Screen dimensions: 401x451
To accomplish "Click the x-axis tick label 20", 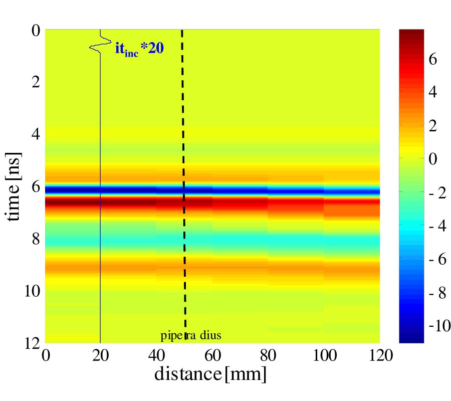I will [x=101, y=355].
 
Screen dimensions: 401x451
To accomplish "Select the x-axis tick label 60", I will [x=212, y=355].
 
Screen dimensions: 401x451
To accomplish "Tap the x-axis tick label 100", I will [x=323, y=355].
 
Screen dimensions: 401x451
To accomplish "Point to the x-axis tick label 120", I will [x=379, y=355].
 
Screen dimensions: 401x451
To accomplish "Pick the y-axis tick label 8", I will [x=35, y=238].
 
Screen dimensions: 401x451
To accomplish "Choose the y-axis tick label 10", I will [x=31, y=290].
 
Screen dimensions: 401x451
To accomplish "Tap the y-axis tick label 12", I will [x=31, y=343].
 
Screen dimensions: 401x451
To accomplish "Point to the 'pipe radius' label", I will [x=191, y=335].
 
